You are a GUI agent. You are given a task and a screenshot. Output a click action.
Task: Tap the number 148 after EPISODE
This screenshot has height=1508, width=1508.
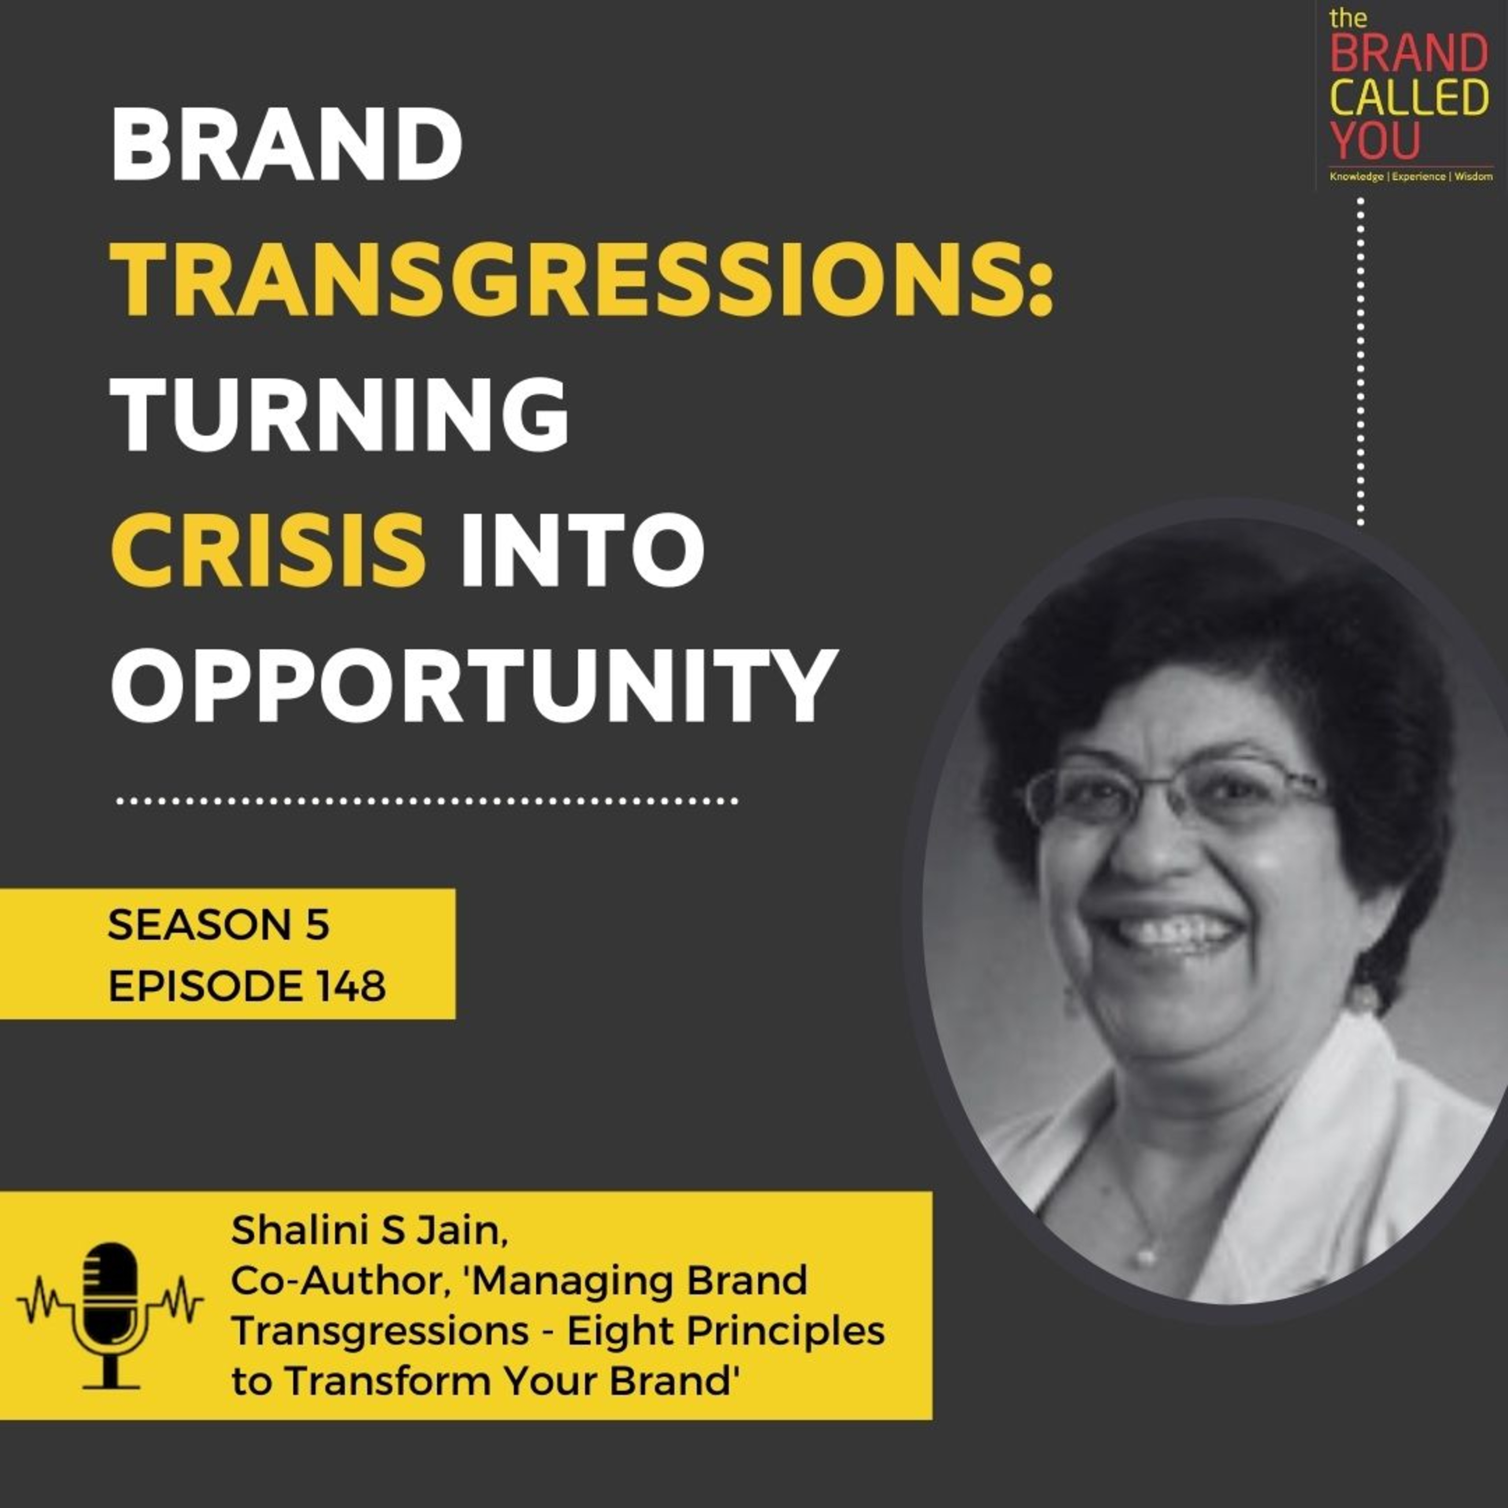[351, 987]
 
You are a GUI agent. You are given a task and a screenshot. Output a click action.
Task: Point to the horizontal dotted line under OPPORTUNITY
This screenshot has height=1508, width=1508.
[426, 801]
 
